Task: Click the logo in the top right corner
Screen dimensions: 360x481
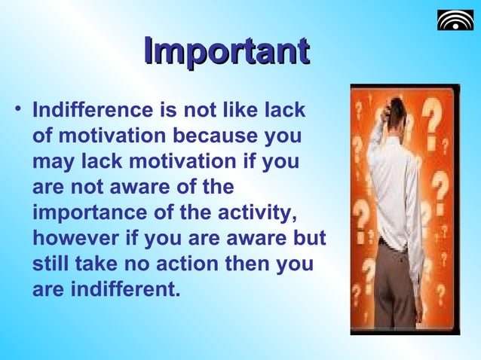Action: [x=455, y=20]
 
